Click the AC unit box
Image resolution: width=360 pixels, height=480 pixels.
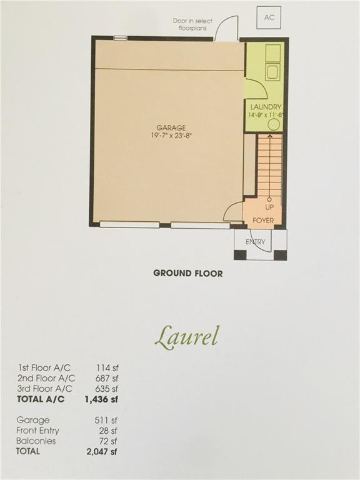(x=269, y=17)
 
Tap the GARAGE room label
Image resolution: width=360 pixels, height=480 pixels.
(x=171, y=128)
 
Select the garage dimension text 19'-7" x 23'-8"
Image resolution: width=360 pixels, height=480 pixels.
(x=171, y=136)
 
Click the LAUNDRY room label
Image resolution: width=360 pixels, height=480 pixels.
(x=266, y=107)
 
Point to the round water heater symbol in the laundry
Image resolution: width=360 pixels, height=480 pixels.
(x=274, y=125)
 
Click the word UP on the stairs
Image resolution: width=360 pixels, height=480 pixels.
(x=269, y=207)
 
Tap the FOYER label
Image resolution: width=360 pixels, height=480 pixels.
(x=263, y=221)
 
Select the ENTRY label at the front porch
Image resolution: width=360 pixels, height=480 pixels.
(x=255, y=242)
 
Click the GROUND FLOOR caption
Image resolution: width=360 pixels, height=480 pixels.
(x=188, y=273)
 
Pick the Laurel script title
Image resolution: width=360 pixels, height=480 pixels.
(x=187, y=337)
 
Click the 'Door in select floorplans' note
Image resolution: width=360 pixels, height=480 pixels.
(x=192, y=24)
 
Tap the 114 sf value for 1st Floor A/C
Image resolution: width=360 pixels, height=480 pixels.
(x=107, y=368)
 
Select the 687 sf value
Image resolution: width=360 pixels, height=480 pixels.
(x=106, y=378)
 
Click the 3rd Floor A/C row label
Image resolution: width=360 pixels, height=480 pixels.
(x=45, y=389)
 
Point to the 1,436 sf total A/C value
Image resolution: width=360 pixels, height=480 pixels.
(x=101, y=399)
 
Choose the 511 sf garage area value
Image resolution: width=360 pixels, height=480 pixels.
(x=106, y=420)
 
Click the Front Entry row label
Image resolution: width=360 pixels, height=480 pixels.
(x=37, y=431)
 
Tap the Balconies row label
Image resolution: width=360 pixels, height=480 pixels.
(x=36, y=441)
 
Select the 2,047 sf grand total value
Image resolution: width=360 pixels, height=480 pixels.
(x=102, y=451)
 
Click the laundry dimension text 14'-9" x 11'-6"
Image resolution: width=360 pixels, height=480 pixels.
(x=266, y=115)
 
